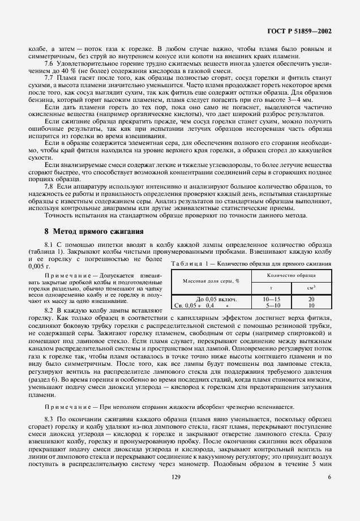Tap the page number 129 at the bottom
click(179, 493)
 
